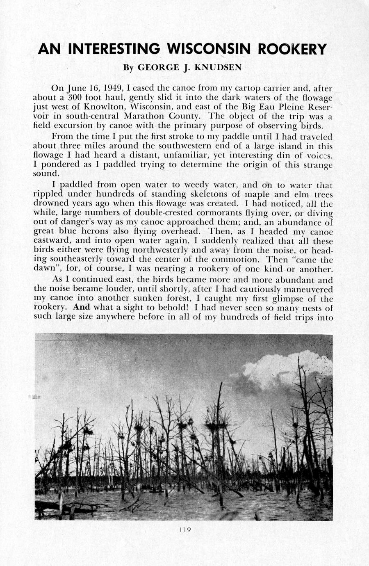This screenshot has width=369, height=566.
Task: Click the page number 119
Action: (x=185, y=530)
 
